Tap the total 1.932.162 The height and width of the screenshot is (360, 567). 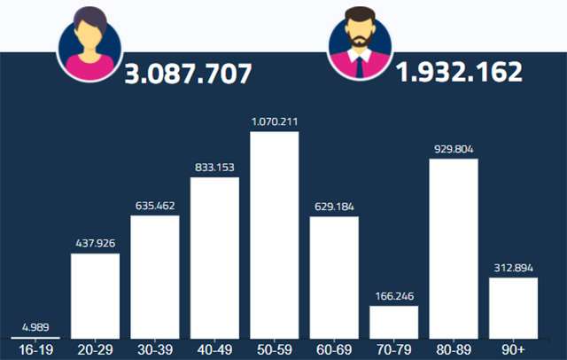click(459, 72)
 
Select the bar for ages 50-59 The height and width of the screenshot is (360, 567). click(275, 235)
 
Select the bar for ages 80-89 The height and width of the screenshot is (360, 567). click(454, 248)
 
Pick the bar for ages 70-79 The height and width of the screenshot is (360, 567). click(394, 321)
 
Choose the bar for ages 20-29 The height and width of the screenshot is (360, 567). click(95, 295)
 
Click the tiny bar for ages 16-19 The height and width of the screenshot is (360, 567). click(35, 337)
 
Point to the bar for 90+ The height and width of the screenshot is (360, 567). click(514, 307)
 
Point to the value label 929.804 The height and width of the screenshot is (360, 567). click(454, 148)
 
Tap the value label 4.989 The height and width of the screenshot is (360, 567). click(35, 325)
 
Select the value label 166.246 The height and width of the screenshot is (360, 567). click(394, 295)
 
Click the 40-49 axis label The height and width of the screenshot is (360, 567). click(214, 349)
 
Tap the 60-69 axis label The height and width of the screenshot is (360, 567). click(334, 349)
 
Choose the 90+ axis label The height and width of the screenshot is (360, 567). click(514, 349)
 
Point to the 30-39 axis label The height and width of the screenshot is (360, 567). click(155, 349)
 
